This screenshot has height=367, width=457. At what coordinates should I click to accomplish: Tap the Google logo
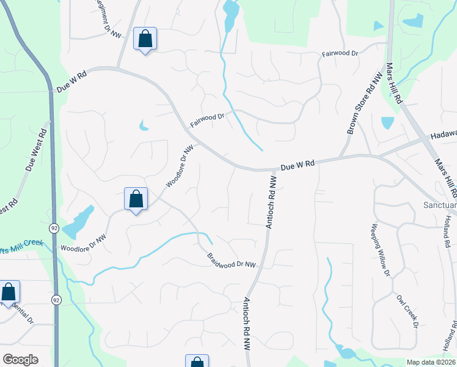(x=20, y=360)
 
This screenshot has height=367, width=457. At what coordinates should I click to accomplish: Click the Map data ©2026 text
(x=431, y=362)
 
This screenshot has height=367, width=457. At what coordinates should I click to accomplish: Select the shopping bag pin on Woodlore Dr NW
(x=136, y=199)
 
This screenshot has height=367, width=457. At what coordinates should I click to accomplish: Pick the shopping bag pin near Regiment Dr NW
(x=145, y=39)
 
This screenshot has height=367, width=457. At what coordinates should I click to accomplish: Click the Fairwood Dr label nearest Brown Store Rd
(x=340, y=54)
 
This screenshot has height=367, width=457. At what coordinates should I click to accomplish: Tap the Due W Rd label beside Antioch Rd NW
(x=298, y=165)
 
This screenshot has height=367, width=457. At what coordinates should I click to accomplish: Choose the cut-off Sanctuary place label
(x=440, y=206)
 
